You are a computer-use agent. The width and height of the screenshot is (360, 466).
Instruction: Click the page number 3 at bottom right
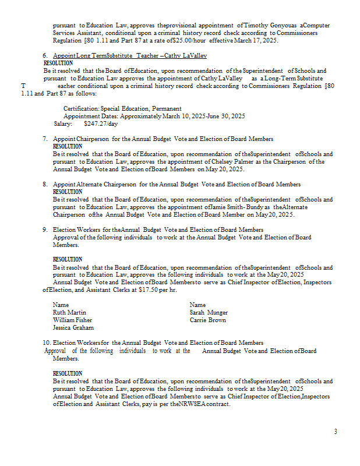tap(335, 431)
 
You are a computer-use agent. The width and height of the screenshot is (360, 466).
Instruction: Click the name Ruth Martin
tap(69, 312)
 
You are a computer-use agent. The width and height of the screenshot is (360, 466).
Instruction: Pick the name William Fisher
tap(72, 320)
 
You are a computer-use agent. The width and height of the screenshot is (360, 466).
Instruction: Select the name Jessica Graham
tap(72, 327)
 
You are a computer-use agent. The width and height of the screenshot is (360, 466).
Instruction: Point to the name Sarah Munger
tap(209, 312)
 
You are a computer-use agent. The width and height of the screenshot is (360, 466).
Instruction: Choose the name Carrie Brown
tap(207, 320)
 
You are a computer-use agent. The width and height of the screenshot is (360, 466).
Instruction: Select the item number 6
tap(45, 55)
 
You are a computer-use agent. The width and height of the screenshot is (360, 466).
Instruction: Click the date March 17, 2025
tap(254, 41)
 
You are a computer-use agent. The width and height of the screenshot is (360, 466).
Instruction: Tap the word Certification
tap(81, 108)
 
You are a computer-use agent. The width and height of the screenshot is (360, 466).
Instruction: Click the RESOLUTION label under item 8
tap(68, 192)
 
